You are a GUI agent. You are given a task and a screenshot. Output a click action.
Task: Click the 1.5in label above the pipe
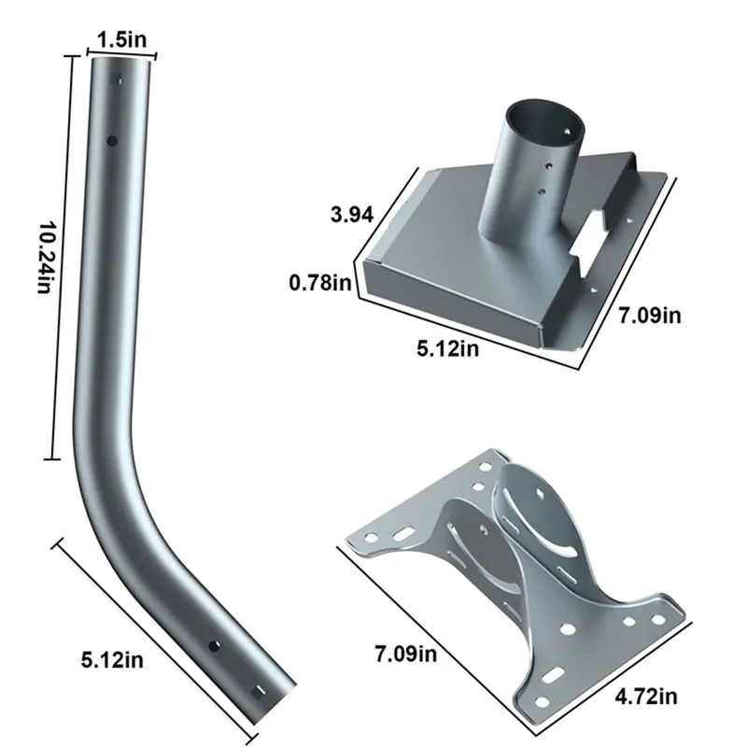[x=121, y=39]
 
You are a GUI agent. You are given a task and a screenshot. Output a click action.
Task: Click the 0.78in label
[x=320, y=281]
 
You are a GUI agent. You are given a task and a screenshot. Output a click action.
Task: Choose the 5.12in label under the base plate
[x=447, y=349]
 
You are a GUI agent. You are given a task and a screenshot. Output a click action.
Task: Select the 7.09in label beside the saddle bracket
[x=404, y=653]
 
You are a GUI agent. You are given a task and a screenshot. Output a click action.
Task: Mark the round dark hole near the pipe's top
[x=112, y=141]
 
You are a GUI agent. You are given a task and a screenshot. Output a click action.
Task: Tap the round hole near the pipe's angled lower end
[x=213, y=646]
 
